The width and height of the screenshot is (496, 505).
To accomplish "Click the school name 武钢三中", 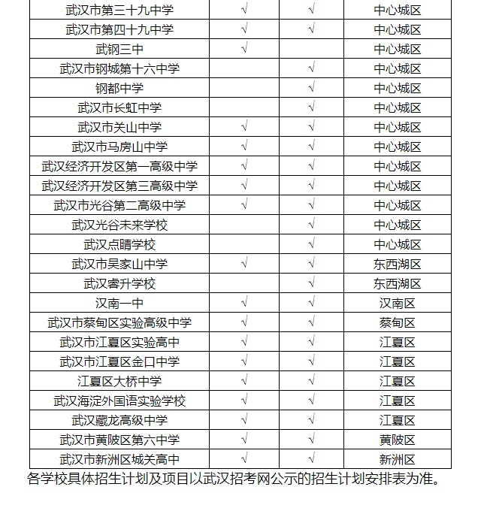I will click(119, 50).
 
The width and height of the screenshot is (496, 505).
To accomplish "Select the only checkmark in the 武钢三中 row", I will click(244, 50).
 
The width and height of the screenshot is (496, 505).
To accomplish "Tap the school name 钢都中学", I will click(119, 89).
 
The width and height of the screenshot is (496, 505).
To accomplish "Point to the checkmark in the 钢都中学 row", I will click(311, 89).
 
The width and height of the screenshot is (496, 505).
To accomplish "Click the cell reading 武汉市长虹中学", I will click(119, 108).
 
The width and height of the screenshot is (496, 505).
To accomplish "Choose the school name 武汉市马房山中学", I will click(119, 147).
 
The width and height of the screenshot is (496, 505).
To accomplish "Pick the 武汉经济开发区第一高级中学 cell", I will click(119, 167).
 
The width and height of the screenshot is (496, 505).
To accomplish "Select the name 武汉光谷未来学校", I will click(119, 225).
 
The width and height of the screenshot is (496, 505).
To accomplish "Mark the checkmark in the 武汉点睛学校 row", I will click(311, 245).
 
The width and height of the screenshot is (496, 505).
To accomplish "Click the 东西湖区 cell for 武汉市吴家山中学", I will click(398, 265).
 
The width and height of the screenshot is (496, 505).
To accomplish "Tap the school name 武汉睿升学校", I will click(119, 284).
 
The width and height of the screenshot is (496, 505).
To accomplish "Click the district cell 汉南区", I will click(398, 304).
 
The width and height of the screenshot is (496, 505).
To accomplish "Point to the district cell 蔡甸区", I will click(398, 323).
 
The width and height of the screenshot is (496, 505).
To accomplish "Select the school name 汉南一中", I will click(119, 304).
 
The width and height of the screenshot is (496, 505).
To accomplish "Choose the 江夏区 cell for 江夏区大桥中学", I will click(398, 382).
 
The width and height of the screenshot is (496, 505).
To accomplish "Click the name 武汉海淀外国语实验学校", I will click(119, 401).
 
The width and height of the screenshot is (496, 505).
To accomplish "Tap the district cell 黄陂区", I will click(398, 440).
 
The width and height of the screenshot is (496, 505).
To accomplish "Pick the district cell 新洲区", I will click(398, 460).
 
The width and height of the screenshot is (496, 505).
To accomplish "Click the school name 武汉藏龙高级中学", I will click(119, 421).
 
